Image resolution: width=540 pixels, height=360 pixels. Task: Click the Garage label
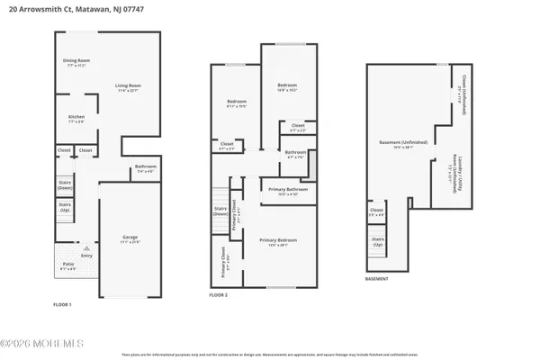pyautogui.click(x=130, y=239)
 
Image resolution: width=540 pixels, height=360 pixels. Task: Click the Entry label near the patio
pyautogui.click(x=86, y=256)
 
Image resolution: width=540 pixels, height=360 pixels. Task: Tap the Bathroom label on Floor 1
pyautogui.click(x=146, y=167)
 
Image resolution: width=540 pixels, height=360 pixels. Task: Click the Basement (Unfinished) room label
pyautogui.click(x=403, y=143)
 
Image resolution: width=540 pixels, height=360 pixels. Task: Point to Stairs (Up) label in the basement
pyautogui.click(x=377, y=243)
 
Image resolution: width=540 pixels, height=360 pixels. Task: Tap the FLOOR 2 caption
pyautogui.click(x=219, y=294)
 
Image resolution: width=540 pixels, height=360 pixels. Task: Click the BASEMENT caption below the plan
pyautogui.click(x=377, y=279)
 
